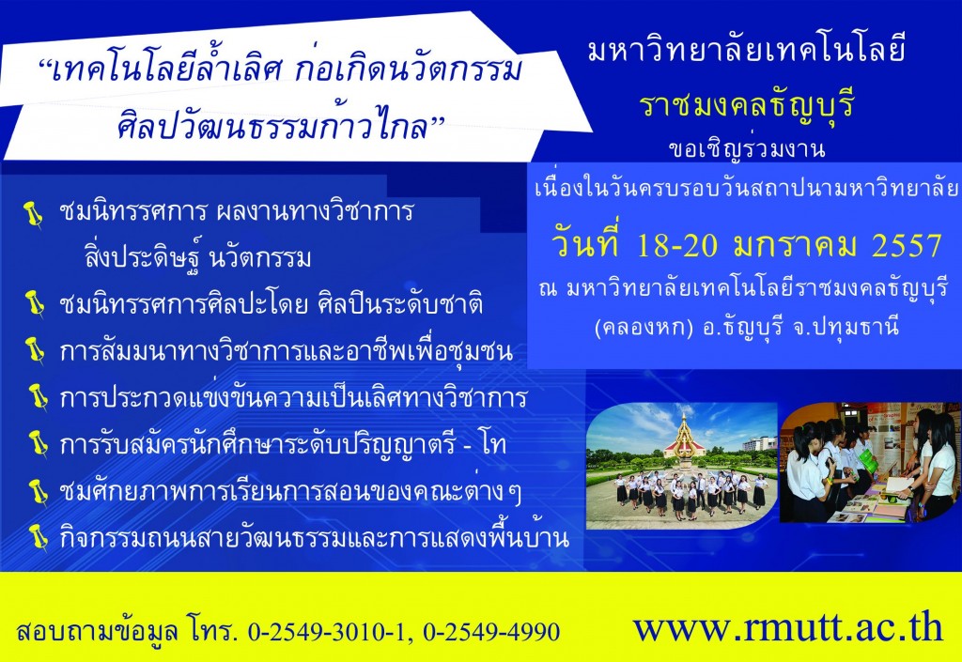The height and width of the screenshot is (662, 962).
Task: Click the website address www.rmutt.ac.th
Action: point(788,627)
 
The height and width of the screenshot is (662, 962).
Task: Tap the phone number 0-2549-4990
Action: point(491,632)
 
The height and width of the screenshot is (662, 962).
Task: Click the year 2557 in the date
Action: point(907,246)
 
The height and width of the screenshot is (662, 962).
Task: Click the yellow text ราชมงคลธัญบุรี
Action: point(747,105)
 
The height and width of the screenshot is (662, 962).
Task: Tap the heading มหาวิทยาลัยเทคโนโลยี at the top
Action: point(747,49)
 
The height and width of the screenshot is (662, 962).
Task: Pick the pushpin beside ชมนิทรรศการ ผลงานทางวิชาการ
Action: point(33,214)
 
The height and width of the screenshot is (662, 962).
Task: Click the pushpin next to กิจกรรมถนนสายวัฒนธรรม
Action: point(39,538)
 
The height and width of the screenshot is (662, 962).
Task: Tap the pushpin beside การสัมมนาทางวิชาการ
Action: point(35,350)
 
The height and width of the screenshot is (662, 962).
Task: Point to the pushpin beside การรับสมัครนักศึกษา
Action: point(38,442)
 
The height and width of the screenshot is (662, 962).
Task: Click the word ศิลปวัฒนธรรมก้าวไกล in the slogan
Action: point(280,125)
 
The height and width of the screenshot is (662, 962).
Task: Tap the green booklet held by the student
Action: point(867,461)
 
